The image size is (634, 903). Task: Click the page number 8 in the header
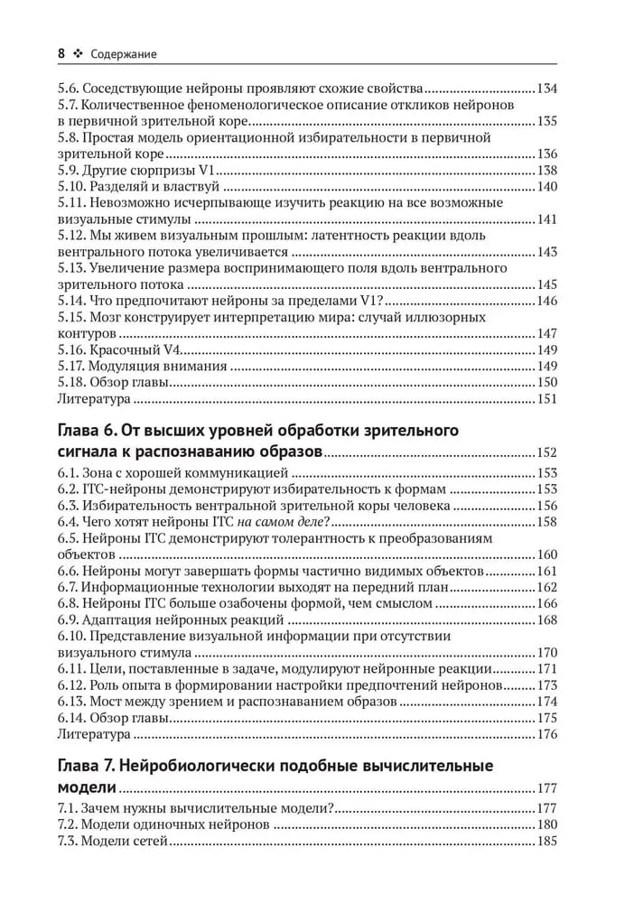[61, 54]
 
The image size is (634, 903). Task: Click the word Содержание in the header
[124, 54]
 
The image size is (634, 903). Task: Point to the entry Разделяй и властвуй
[154, 186]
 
